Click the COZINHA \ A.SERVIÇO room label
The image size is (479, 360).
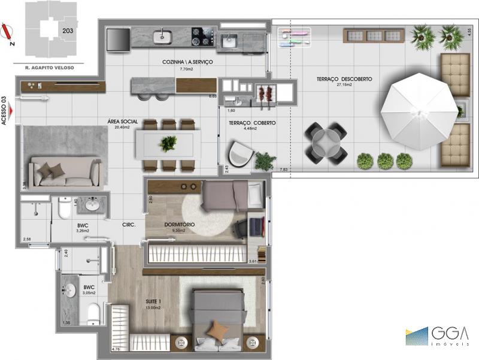187,62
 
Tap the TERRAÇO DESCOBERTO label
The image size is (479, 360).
346,79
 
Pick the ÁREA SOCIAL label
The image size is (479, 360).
123,122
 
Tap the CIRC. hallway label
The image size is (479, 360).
129,225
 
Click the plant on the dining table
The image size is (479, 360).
169,143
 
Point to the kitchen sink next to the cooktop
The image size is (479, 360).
162,35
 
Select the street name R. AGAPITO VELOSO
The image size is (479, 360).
50,68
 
